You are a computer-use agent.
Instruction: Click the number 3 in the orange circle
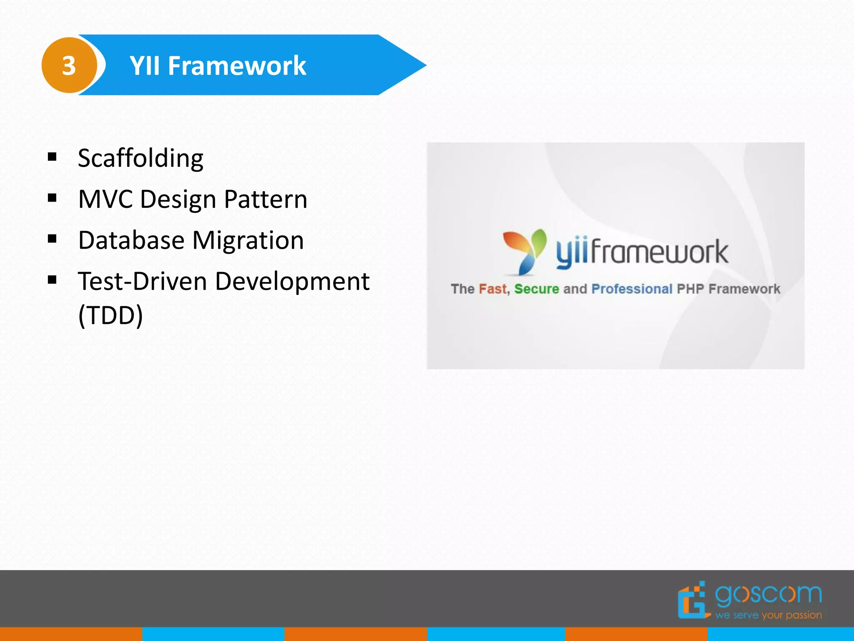click(69, 66)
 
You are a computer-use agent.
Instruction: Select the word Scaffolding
click(141, 158)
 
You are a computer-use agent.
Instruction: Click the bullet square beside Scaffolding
click(52, 157)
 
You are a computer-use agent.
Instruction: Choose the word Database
click(131, 240)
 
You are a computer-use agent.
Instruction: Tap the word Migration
click(248, 240)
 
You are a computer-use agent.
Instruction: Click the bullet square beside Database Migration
click(52, 239)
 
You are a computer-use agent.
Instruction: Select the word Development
click(292, 281)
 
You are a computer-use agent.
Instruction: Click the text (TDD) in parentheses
click(111, 315)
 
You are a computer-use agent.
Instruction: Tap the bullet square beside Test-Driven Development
click(52, 280)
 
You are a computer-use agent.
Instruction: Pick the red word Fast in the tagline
click(493, 289)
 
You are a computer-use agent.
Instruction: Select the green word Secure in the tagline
click(536, 289)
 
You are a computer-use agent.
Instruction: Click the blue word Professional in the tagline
click(632, 289)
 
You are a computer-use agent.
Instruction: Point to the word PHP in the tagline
click(690, 289)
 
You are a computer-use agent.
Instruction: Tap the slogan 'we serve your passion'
click(769, 615)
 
